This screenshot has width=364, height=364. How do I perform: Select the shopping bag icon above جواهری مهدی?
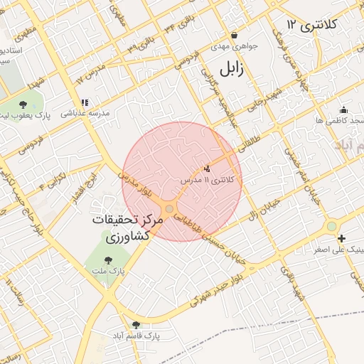pyautogui.click(x=234, y=35)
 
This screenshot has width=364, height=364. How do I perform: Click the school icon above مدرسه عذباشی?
pyautogui.click(x=85, y=102)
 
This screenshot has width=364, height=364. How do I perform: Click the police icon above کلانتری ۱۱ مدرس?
pyautogui.click(x=207, y=168)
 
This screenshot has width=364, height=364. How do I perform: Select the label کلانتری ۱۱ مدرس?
pyautogui.click(x=211, y=181)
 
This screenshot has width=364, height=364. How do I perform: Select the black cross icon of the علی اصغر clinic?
pyautogui.click(x=342, y=238)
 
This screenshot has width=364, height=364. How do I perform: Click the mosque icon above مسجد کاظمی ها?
pyautogui.click(x=343, y=109)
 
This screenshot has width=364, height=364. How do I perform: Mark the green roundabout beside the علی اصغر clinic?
pyautogui.click(x=331, y=227)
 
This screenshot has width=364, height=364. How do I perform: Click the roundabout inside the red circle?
pyautogui.click(x=168, y=209)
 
